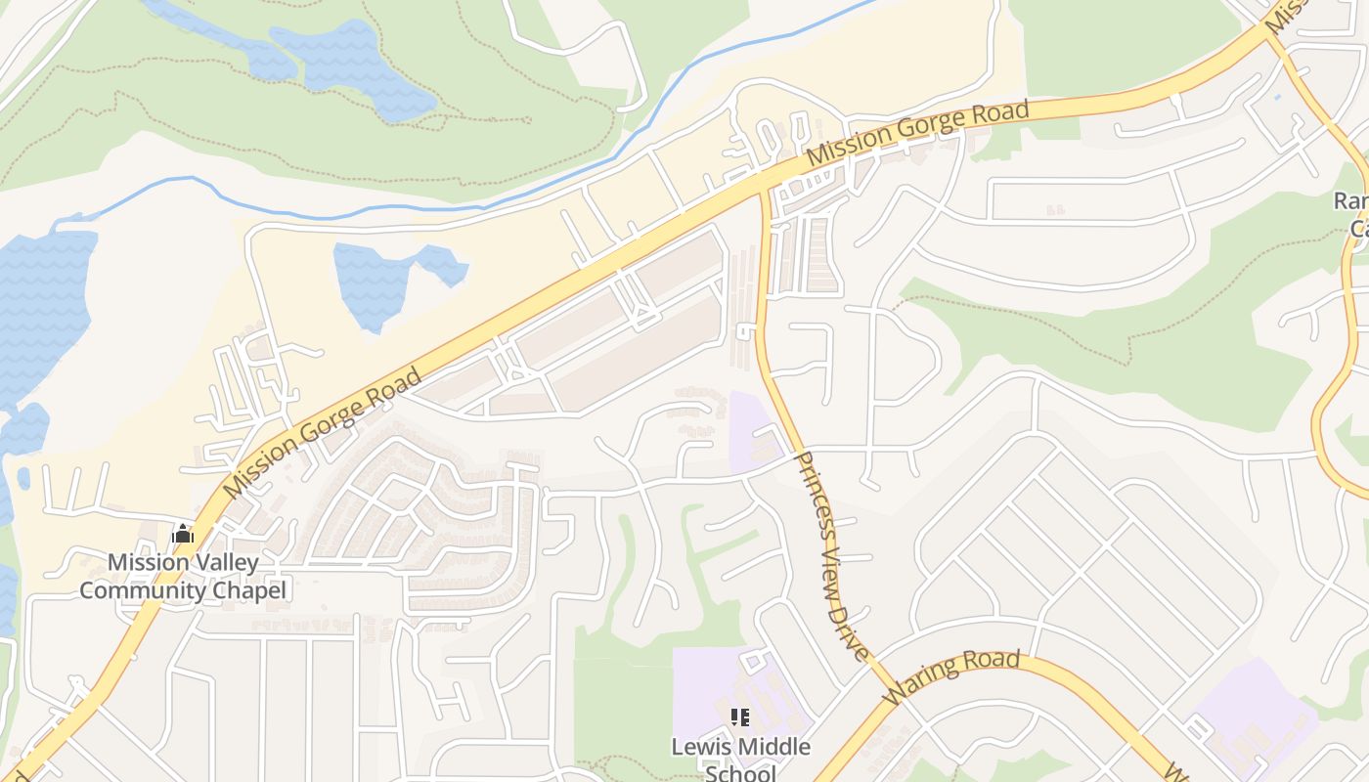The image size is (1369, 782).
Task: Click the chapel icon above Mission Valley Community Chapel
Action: [183, 534]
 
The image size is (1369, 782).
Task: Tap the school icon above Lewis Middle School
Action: [740, 717]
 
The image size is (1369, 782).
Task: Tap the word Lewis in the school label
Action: [699, 747]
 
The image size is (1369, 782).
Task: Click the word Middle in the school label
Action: [773, 747]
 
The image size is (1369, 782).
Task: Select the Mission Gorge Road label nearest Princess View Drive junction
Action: [918, 132]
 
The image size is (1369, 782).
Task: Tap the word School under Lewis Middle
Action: [740, 773]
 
